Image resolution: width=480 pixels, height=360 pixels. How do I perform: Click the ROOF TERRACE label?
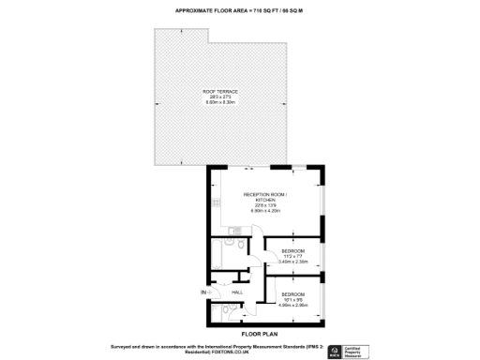click(x=217, y=91)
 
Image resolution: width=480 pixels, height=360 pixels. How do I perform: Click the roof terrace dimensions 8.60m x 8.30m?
click(x=217, y=102)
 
